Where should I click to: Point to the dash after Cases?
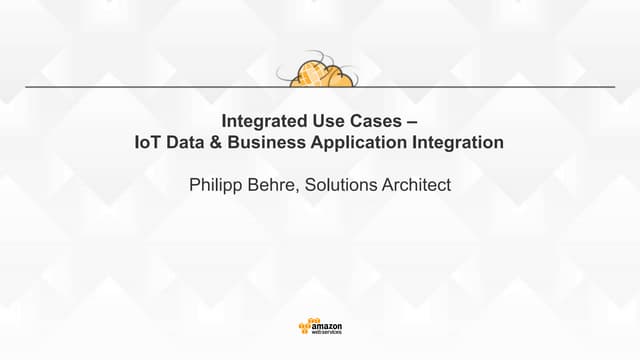pyautogui.click(x=412, y=121)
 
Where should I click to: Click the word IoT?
pyautogui.click(x=147, y=143)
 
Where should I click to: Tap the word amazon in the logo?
pyautogui.click(x=327, y=325)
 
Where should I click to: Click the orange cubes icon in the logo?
pyautogui.click(x=305, y=327)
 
